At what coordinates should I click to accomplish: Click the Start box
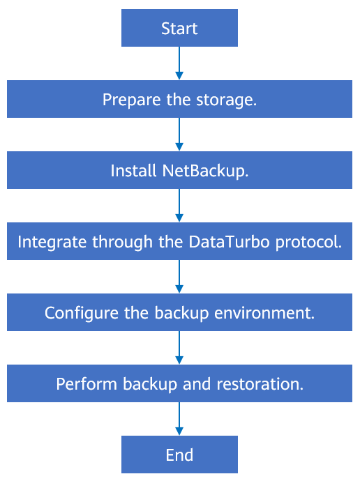[x=179, y=28]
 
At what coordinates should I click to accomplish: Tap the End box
[x=179, y=455]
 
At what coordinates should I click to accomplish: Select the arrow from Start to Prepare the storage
[x=179, y=63]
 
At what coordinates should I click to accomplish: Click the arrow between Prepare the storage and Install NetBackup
[x=179, y=135]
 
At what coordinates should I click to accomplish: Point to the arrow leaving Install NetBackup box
[x=179, y=206]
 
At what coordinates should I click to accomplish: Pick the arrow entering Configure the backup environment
[x=179, y=277]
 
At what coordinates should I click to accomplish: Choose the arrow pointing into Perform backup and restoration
[x=179, y=348]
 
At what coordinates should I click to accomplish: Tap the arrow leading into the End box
[x=179, y=419]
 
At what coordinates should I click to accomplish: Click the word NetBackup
[x=205, y=171]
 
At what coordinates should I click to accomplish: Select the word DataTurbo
[x=229, y=242]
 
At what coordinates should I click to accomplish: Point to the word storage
[x=226, y=100]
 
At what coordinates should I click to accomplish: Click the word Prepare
[x=131, y=100]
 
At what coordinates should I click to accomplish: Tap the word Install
[x=133, y=171]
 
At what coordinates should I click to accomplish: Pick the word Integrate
[x=53, y=243]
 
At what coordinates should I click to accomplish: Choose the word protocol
[x=308, y=243]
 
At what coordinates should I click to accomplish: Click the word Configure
[x=82, y=313]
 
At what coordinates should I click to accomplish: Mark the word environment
[x=264, y=313]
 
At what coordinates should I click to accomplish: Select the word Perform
[x=87, y=384]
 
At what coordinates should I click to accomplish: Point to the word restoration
[x=260, y=384]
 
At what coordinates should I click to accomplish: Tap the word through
[x=123, y=243]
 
